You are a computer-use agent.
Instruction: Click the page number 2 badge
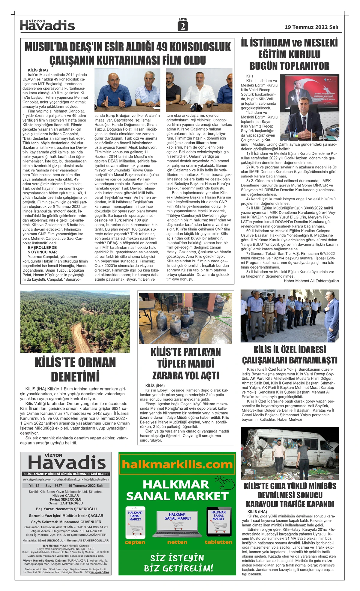182,27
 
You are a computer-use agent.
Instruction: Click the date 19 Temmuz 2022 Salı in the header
311,27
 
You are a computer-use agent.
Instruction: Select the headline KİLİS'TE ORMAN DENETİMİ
75,369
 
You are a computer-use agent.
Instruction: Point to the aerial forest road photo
75,321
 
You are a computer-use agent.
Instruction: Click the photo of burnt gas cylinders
185,318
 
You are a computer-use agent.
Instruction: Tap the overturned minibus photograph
289,453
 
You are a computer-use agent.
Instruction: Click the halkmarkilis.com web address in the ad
177,465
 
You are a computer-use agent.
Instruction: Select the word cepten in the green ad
135,542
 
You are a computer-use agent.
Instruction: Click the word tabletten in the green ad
218,542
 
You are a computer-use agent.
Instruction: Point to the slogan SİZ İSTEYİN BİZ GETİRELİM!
178,563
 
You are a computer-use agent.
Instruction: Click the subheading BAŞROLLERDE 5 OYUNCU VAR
42,250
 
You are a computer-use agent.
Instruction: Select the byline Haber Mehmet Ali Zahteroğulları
311,281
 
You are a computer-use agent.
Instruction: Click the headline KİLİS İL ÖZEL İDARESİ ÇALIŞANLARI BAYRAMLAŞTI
289,355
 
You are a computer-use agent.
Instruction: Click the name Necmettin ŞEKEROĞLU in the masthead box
76,509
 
